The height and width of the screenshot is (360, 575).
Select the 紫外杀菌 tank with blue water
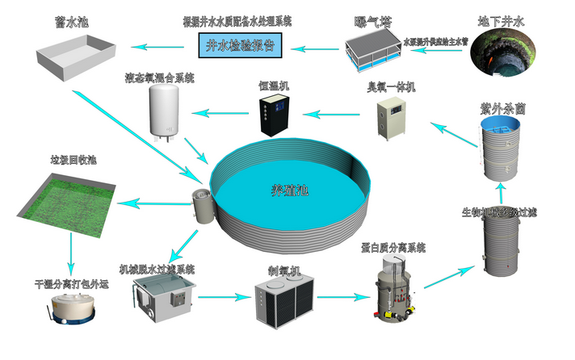(498, 148)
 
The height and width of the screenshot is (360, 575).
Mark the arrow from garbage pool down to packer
(70, 252)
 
